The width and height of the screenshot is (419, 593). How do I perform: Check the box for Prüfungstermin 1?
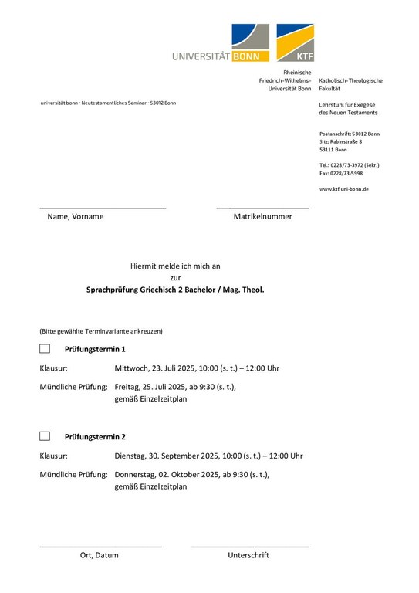(x=45, y=349)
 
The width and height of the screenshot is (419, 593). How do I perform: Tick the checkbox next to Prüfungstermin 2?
(x=45, y=436)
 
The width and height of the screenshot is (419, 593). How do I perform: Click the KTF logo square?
(x=295, y=42)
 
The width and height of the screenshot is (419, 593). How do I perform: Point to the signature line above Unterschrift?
(x=250, y=547)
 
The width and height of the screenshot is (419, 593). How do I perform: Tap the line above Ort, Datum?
(x=100, y=547)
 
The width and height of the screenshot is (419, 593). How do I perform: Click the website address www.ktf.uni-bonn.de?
(x=343, y=189)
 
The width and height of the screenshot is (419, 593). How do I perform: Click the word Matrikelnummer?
(x=262, y=217)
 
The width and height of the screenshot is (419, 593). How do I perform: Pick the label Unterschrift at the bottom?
(x=248, y=555)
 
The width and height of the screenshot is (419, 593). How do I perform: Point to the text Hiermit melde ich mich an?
(x=175, y=266)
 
